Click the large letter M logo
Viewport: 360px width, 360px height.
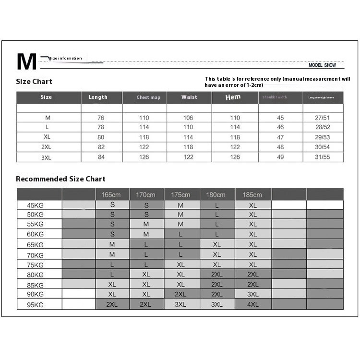[26, 62]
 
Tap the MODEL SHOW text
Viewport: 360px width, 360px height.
[323, 65]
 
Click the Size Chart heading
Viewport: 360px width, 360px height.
[34, 82]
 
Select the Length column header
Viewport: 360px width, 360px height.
[98, 97]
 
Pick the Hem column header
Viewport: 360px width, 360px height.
[233, 97]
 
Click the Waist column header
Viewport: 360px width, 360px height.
[189, 97]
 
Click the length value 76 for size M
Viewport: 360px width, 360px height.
[101, 118]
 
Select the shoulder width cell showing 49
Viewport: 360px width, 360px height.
[280, 157]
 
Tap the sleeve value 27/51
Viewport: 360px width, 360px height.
[323, 118]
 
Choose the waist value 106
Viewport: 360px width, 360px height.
[188, 118]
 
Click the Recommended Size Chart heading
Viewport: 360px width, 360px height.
[60, 179]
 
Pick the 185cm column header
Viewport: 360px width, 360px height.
[252, 195]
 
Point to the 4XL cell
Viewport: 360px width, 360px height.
[252, 304]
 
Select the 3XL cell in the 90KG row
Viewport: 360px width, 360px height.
[252, 294]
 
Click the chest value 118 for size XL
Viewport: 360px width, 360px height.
[144, 137]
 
